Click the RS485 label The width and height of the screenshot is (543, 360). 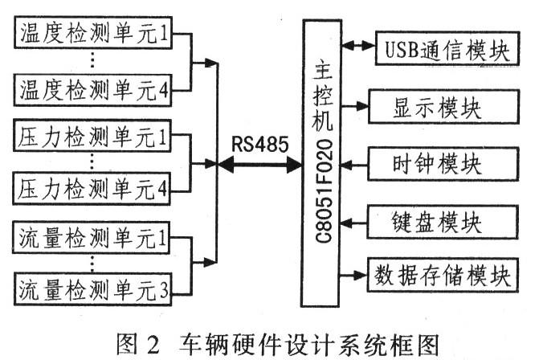coord(256,145)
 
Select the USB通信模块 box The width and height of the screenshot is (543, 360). coord(443,51)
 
